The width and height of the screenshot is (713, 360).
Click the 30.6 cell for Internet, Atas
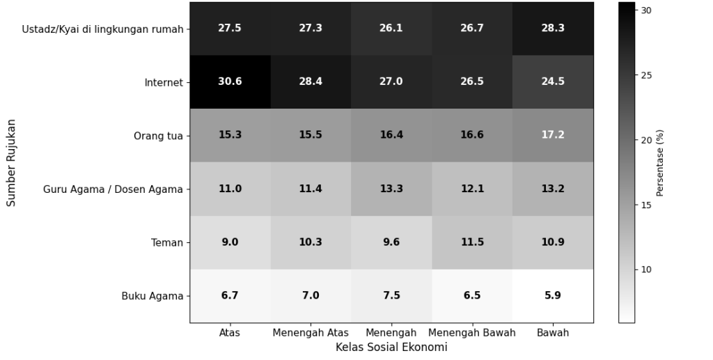[x=230, y=81]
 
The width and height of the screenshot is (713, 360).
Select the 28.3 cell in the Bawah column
[x=553, y=29]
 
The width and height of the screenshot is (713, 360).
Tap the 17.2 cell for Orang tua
[x=553, y=135]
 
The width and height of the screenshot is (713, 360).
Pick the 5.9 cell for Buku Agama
[x=553, y=295]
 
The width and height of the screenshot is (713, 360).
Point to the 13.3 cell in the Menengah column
[x=391, y=189]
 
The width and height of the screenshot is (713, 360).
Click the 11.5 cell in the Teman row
[x=472, y=242]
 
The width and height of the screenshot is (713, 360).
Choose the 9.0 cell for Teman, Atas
[x=230, y=242]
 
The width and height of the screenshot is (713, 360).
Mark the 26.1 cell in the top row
[x=391, y=29]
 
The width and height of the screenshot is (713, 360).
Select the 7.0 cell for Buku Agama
[x=311, y=295]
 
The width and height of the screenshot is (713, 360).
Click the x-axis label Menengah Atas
[x=311, y=333]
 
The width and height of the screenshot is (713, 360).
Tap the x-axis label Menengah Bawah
[x=472, y=333]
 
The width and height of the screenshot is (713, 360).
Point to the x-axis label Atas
[x=230, y=333]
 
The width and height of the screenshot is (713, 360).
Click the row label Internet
[x=164, y=83]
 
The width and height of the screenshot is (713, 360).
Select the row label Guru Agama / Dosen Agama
[x=113, y=189]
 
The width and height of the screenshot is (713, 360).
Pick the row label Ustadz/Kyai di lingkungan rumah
[x=102, y=29]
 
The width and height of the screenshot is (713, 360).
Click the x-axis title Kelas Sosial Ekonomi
[x=391, y=347]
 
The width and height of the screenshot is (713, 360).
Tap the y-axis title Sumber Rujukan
[x=11, y=162]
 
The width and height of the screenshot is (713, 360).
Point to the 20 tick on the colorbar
[x=645, y=140]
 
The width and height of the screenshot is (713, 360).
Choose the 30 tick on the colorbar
[x=645, y=10]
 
